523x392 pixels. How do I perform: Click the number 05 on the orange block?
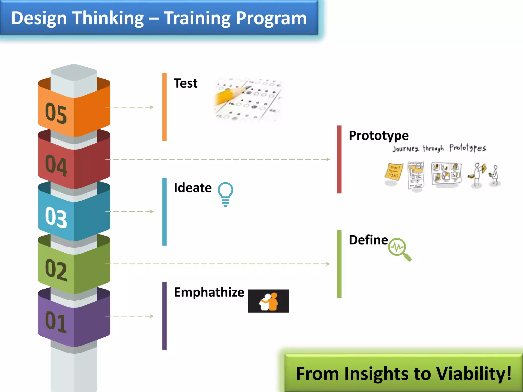[x=56, y=113]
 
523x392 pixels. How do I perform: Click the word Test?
[x=185, y=83]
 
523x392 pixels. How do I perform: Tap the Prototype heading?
[x=378, y=136]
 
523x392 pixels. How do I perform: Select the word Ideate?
[x=193, y=188]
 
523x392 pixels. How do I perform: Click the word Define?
[x=368, y=240]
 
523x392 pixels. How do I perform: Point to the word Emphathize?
[x=209, y=292]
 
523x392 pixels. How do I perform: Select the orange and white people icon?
[x=269, y=301]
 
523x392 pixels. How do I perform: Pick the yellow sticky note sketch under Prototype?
[x=394, y=172]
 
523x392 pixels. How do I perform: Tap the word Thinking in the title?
[x=108, y=18]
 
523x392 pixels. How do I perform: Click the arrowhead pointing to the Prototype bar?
[x=328, y=160]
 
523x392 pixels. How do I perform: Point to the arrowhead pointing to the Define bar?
[x=328, y=264]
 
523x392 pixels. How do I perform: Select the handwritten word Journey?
[x=406, y=149]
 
